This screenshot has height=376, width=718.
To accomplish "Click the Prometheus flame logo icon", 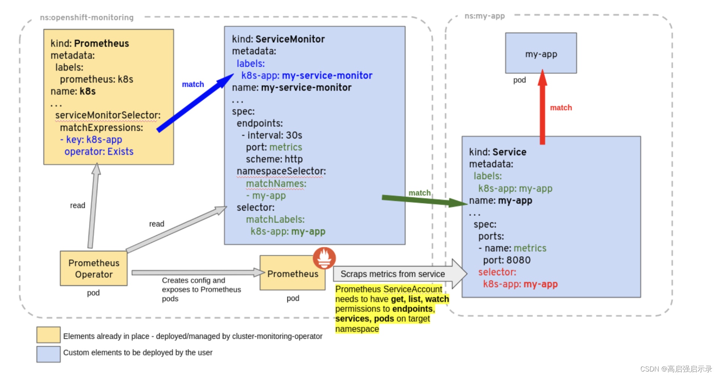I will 324,258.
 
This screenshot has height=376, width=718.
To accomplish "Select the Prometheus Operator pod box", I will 94,268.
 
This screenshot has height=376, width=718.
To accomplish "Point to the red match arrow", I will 542,109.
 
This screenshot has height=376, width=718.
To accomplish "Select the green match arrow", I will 424,200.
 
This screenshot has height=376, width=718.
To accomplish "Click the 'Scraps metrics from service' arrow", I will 398,274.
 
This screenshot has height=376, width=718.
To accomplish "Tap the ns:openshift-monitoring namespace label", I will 87,18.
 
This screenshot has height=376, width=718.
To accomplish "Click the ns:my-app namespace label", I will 484,16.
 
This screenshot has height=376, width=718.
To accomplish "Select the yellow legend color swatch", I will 48,335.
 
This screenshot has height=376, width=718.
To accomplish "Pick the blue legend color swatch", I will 48,354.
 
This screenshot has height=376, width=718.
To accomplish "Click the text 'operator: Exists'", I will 99,152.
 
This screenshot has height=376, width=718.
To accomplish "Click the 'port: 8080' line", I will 507,260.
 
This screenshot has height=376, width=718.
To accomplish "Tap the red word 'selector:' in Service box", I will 497,272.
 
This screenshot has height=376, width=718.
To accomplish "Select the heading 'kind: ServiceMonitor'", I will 278,39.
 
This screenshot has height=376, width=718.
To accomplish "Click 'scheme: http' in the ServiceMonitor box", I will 274,159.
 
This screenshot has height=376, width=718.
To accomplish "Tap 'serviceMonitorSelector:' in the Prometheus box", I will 108,115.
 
